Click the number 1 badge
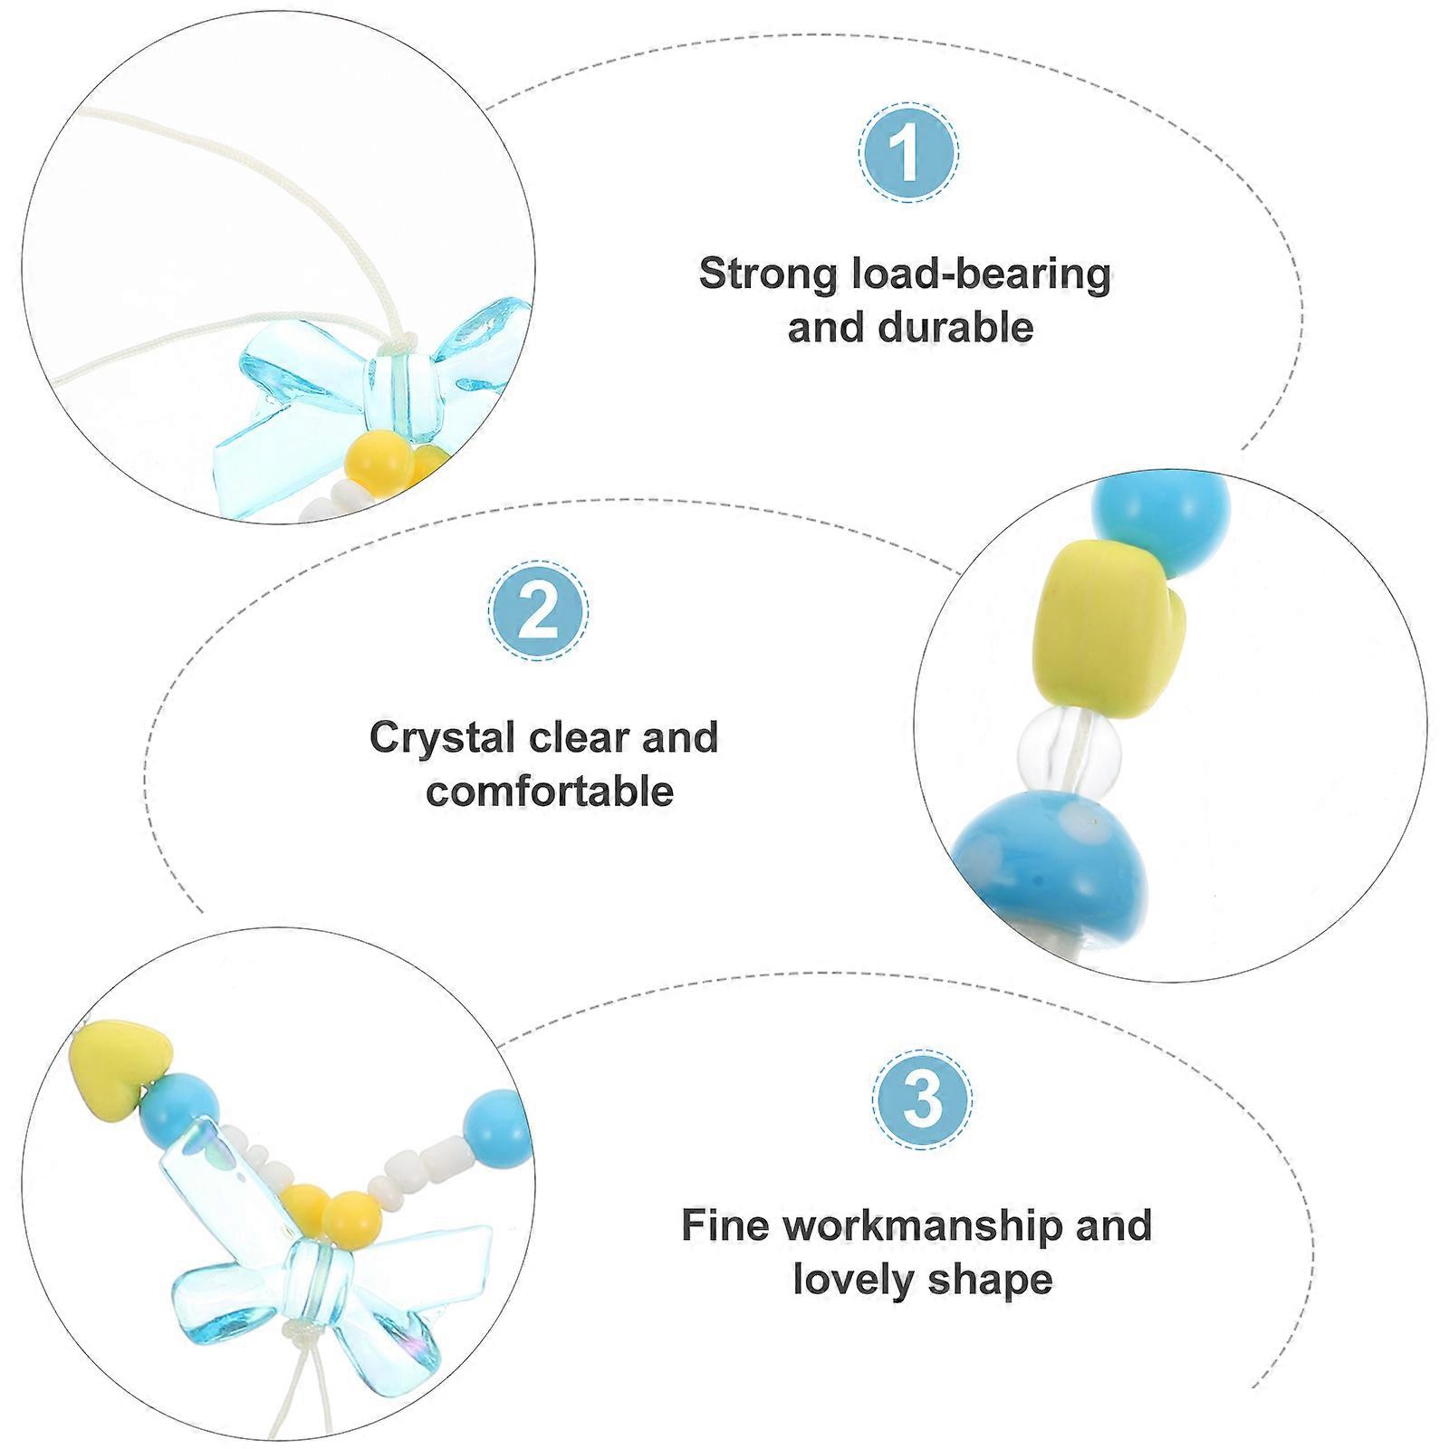pos(907,153)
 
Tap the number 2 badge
pos(539,611)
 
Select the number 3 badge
pos(923,1099)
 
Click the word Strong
pos(769,273)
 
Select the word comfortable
pos(551,791)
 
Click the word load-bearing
pos(982,274)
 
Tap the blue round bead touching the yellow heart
pos(181,1108)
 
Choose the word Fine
pos(725,1225)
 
